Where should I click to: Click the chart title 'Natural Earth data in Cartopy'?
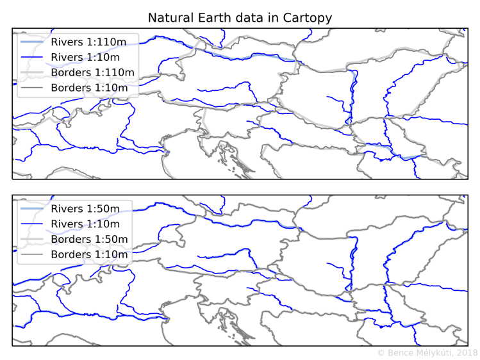pos(240,18)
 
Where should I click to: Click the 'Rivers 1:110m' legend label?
pos(93,42)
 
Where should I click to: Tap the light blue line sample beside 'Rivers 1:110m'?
pos(31,42)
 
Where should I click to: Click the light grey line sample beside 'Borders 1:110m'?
pos(31,72)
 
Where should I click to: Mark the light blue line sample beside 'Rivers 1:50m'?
pos(31,209)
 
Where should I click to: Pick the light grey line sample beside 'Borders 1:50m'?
pos(31,240)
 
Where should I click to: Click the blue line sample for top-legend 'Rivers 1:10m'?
pos(31,57)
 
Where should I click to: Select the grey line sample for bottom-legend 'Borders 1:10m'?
pos(31,255)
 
